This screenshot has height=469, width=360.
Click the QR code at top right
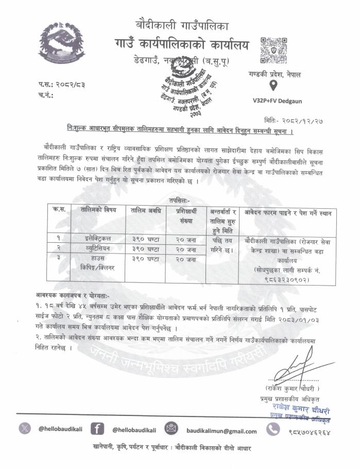pos(273,50)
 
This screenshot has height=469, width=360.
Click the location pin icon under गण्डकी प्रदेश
pos(273,85)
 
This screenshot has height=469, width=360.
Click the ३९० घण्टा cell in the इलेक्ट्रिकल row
pos(146,238)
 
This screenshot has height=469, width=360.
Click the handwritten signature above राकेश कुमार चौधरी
pos(292,370)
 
